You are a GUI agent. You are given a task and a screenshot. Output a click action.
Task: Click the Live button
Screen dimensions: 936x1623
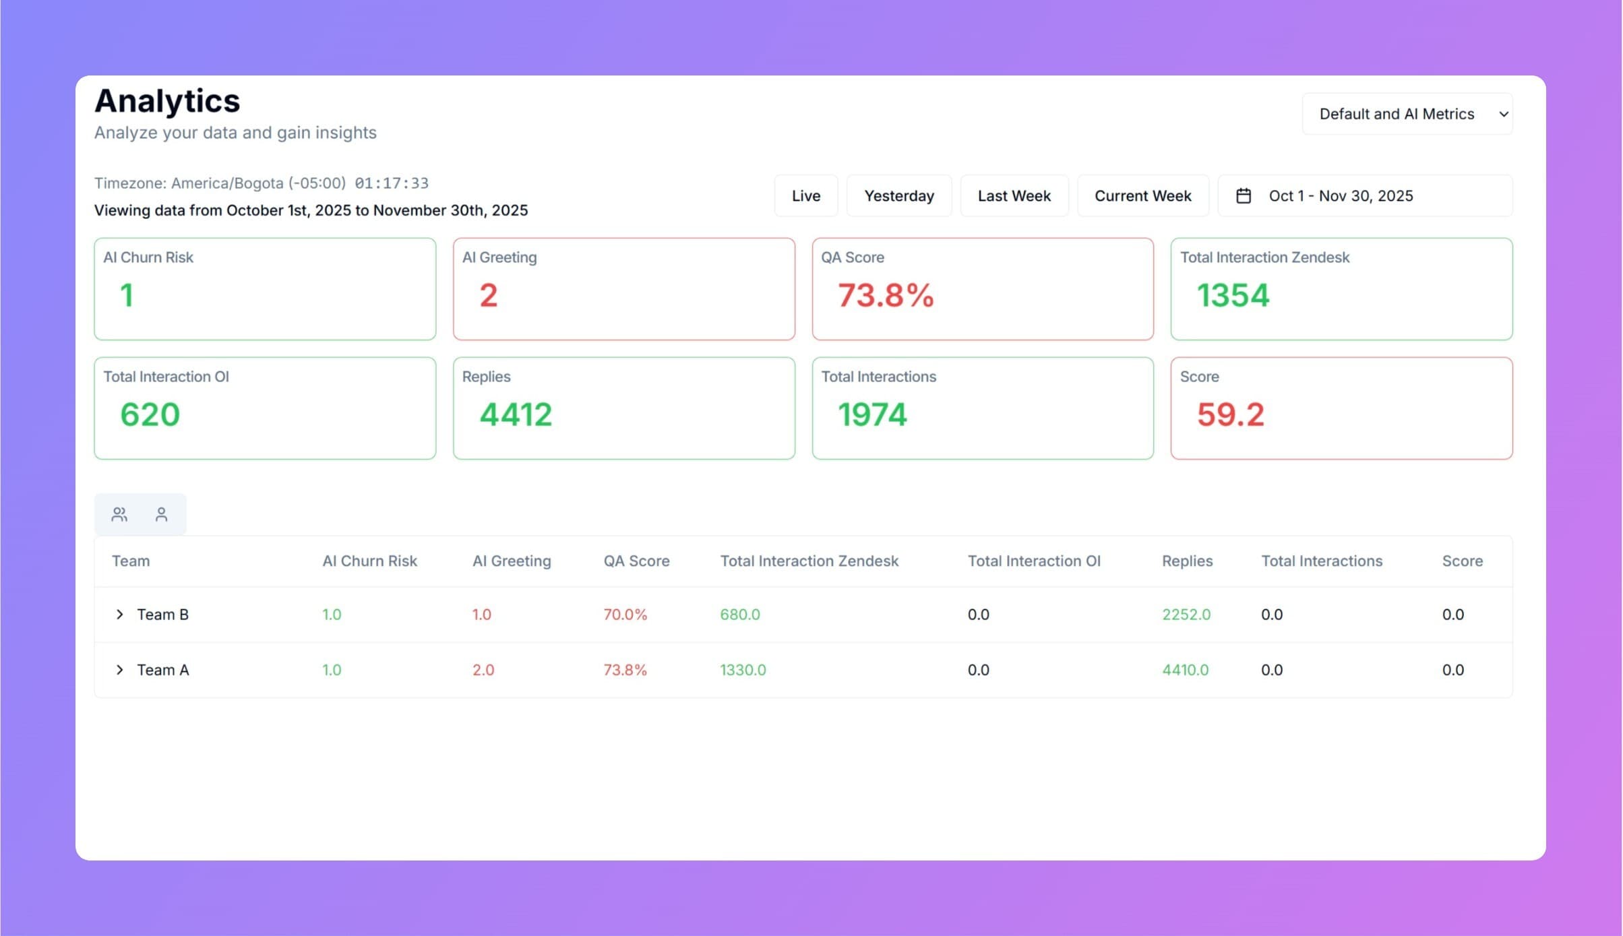[x=805, y=196]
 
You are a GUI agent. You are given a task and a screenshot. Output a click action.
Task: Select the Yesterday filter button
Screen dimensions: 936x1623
[x=898, y=196]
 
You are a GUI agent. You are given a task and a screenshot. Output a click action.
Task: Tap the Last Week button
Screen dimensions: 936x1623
[x=1014, y=196]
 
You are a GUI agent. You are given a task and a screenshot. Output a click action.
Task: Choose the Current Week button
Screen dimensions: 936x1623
[x=1142, y=196]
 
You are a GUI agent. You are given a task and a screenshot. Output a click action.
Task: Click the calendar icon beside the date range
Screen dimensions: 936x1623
[x=1244, y=196]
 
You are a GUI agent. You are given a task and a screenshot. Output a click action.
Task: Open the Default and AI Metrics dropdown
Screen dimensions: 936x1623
[x=1407, y=114]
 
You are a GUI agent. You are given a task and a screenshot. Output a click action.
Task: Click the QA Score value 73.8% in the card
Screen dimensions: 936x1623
[x=885, y=296]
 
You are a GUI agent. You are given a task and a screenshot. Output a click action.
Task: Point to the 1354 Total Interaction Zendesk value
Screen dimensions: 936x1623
[x=1233, y=296]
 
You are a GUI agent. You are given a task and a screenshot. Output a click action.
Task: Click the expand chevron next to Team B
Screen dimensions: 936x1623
[x=119, y=615]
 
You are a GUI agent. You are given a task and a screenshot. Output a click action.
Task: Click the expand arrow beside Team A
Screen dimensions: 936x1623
[x=119, y=670]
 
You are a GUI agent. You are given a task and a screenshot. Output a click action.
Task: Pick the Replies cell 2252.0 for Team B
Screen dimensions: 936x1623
[x=1186, y=615]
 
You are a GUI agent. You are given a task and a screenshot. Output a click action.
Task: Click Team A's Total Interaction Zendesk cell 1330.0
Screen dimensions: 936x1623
[x=743, y=670]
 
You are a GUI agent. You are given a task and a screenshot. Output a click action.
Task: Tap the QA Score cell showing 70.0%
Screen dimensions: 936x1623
[x=625, y=615]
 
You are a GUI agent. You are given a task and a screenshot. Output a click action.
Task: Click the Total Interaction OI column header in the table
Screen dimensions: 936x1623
[x=1033, y=561]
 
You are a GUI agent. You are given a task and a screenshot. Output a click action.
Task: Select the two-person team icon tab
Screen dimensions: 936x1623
[x=119, y=515]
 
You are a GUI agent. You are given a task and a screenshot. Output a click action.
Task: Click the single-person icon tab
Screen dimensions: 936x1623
[x=161, y=515]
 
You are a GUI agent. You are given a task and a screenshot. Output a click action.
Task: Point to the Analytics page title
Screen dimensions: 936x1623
[x=167, y=101]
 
